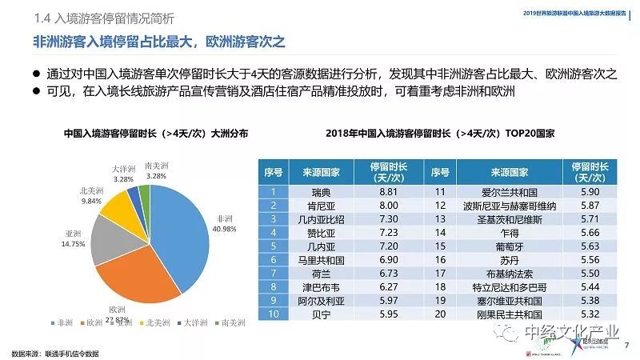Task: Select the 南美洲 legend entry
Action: [233, 322]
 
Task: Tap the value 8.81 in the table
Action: [389, 191]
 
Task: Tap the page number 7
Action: [626, 345]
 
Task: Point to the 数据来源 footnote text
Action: [56, 353]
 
